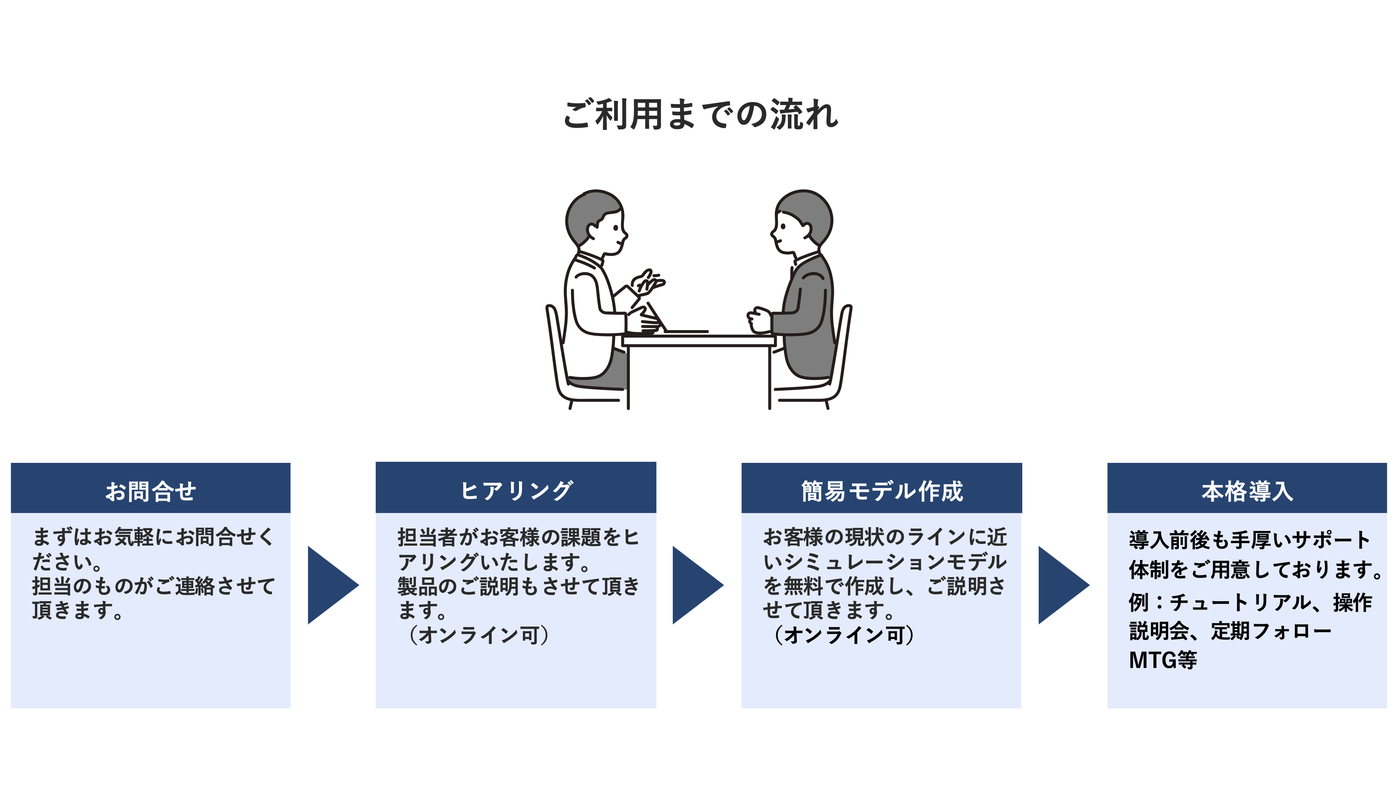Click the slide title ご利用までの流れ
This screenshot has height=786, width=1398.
[x=700, y=115]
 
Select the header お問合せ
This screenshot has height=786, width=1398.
[x=150, y=491]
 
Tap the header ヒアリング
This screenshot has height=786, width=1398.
[x=516, y=490]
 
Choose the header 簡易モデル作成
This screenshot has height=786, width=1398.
[x=882, y=491]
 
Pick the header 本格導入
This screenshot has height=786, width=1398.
[x=1247, y=491]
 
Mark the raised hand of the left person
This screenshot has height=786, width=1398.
[x=649, y=282]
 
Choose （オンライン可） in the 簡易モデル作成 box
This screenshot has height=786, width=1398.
[x=844, y=635]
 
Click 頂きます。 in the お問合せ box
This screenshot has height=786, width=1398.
[x=77, y=610]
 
